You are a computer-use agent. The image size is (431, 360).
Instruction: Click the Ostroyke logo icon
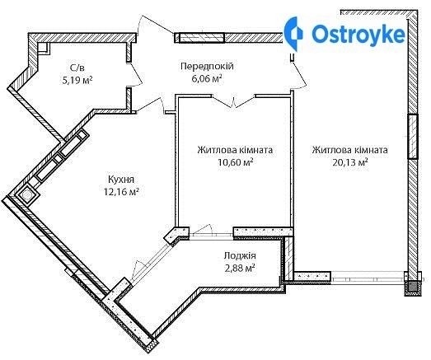(293, 34)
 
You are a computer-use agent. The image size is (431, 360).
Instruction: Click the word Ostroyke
(358, 34)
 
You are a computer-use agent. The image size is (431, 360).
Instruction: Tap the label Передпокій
(207, 66)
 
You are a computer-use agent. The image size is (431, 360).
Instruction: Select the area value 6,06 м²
(207, 79)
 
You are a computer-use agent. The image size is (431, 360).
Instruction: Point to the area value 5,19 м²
(77, 80)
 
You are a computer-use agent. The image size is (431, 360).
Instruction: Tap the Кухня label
(121, 180)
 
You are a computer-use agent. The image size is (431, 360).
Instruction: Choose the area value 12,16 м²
(121, 192)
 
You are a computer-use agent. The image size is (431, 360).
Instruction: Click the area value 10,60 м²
(236, 162)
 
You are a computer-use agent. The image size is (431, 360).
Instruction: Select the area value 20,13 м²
(350, 162)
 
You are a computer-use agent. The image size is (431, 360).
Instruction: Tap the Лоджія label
(240, 256)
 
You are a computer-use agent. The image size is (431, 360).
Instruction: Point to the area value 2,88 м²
(240, 268)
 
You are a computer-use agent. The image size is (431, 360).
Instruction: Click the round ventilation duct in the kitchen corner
(26, 195)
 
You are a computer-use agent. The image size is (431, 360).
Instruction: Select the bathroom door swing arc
(135, 75)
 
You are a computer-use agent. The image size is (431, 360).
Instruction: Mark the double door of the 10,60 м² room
(234, 101)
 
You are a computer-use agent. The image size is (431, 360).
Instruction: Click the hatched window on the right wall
(412, 137)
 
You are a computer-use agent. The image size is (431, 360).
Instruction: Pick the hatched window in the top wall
(202, 38)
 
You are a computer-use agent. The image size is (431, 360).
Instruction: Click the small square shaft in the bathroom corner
(44, 48)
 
